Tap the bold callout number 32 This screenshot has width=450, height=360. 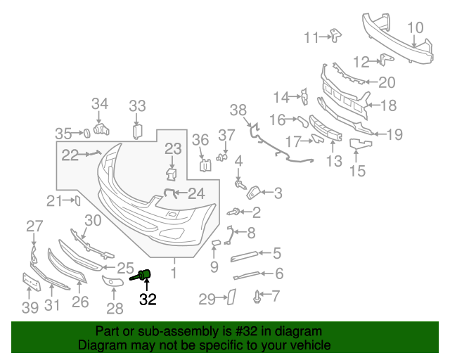click(x=148, y=300)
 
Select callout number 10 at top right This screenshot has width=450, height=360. click(x=416, y=28)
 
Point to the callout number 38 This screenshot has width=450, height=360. click(x=238, y=110)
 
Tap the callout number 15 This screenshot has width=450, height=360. click(x=357, y=170)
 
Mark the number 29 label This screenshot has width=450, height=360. click(x=206, y=300)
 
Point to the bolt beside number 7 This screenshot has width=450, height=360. click(x=257, y=298)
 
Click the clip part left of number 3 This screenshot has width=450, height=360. click(x=255, y=190)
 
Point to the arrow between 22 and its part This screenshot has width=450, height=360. click(x=90, y=153)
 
